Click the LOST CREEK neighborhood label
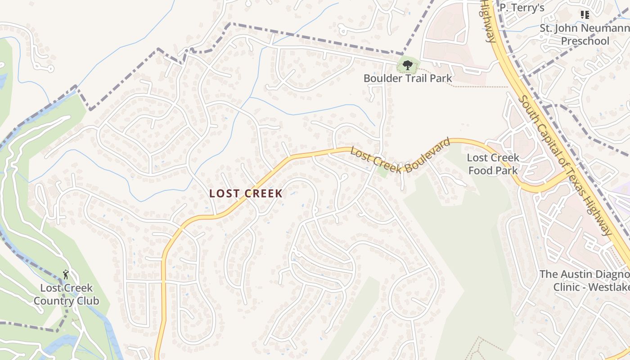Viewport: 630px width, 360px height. tap(246, 193)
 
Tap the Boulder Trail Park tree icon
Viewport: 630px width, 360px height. tap(408, 65)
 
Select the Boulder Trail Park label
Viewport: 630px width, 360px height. tap(408, 78)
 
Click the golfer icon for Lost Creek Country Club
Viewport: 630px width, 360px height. tap(66, 274)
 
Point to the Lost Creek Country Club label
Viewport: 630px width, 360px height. tap(66, 294)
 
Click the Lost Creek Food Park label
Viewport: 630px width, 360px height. tap(493, 164)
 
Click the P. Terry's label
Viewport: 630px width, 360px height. tap(522, 8)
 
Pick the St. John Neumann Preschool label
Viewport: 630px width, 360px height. tap(585, 35)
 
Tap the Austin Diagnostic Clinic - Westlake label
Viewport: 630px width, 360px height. tap(585, 280)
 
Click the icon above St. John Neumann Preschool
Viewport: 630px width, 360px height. tap(585, 15)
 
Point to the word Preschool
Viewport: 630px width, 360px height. tap(585, 41)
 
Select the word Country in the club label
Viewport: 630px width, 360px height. tap(51, 301)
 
